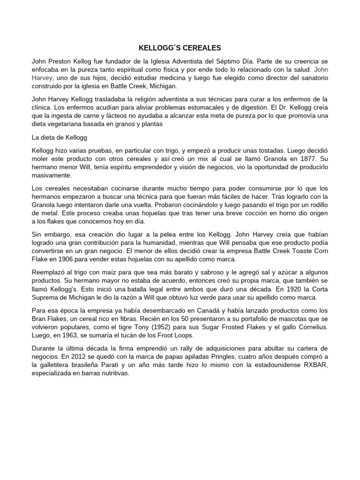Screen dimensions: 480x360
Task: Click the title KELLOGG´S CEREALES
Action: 180,48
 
